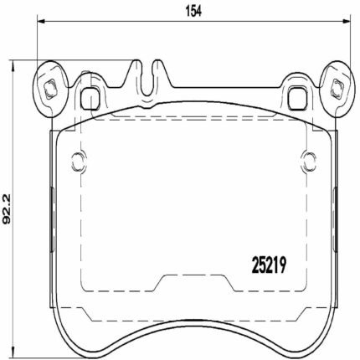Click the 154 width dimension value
[x=193, y=12]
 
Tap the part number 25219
[x=269, y=265]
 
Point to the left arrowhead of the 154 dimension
[x=41, y=21]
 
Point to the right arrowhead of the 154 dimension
[x=347, y=21]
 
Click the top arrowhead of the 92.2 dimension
[x=12, y=66]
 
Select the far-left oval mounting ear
[x=50, y=89]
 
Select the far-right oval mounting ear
[x=338, y=89]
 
